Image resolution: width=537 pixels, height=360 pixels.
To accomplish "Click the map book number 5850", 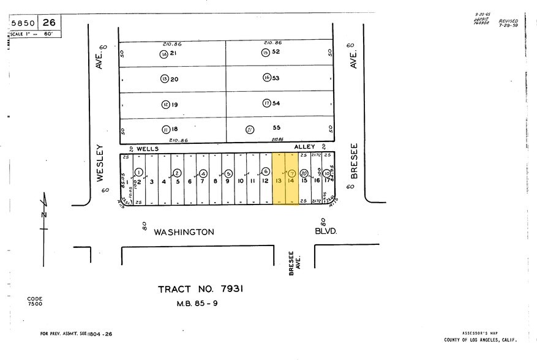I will tap(23, 23).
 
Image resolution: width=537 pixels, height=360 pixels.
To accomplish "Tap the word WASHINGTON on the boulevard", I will tap(184, 232).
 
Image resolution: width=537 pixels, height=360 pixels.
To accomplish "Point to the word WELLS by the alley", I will tap(148, 148).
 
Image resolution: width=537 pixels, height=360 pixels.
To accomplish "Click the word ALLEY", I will tap(304, 147).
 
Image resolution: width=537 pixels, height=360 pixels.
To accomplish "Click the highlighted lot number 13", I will tap(279, 181).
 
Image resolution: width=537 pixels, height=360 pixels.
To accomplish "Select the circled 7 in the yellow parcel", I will tap(291, 173).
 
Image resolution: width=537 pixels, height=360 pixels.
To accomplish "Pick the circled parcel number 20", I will tap(304, 173).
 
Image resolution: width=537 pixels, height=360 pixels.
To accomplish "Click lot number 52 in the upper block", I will tap(276, 52).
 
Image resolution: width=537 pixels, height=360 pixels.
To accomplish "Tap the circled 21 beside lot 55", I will tap(250, 129).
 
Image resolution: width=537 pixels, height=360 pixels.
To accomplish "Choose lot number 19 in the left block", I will tap(175, 105).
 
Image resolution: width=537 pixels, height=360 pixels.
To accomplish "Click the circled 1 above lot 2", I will tap(139, 172).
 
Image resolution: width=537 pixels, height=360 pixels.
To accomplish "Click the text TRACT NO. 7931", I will tap(200, 289).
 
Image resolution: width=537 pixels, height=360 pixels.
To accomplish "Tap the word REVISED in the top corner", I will tap(508, 21).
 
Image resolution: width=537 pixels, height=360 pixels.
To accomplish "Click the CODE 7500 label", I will tap(35, 301).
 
